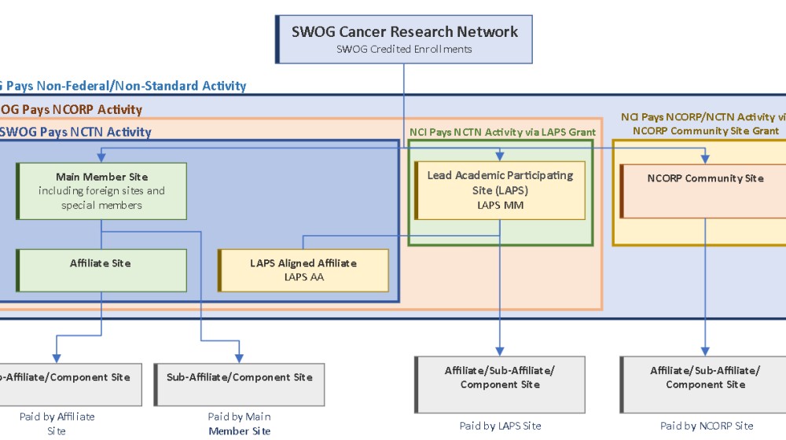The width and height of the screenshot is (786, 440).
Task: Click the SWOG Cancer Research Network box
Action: (403, 38)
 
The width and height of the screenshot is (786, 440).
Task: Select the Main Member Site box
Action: (101, 191)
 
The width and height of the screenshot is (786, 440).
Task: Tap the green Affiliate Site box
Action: (101, 270)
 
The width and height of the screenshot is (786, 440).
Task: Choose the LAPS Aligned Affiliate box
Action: (303, 270)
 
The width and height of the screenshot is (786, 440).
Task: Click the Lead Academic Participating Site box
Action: (501, 190)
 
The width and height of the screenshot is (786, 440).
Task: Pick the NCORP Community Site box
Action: (704, 190)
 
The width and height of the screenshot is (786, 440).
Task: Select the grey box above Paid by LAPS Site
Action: (500, 384)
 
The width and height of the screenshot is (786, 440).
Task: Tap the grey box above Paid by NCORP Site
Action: (704, 384)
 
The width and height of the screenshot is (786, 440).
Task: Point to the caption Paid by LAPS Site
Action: (500, 426)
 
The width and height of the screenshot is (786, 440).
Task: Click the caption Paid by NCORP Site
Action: (707, 426)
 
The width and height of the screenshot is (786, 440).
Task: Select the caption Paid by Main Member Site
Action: (240, 423)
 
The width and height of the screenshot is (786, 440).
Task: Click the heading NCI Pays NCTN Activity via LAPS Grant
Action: (502, 132)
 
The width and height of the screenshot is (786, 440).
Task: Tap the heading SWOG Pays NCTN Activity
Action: (75, 132)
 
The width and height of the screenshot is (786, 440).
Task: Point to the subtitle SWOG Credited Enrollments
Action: (404, 49)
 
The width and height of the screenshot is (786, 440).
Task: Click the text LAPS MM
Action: (500, 205)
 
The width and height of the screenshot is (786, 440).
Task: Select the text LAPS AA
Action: (303, 277)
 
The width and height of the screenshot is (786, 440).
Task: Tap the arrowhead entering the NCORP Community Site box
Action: (704, 158)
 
